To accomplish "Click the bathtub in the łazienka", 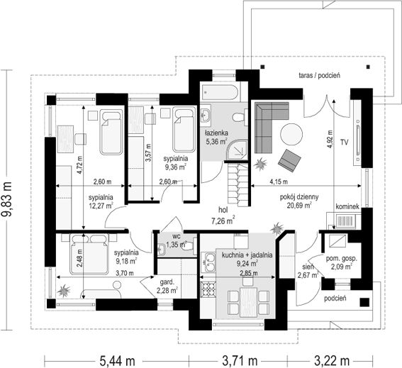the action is [x=220, y=91].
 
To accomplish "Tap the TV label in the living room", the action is [x=345, y=143].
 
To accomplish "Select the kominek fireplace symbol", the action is [x=345, y=221].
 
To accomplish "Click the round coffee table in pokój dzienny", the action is [x=291, y=135].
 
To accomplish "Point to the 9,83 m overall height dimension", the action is [x=7, y=199].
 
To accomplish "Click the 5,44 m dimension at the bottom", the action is [x=117, y=361].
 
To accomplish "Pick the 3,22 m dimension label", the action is [x=332, y=361].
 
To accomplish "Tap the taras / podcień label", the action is [x=320, y=75].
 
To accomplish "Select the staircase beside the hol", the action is [x=238, y=185].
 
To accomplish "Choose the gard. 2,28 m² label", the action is [x=167, y=286].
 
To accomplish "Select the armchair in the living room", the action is [x=290, y=160].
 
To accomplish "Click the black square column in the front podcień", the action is [x=364, y=302].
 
